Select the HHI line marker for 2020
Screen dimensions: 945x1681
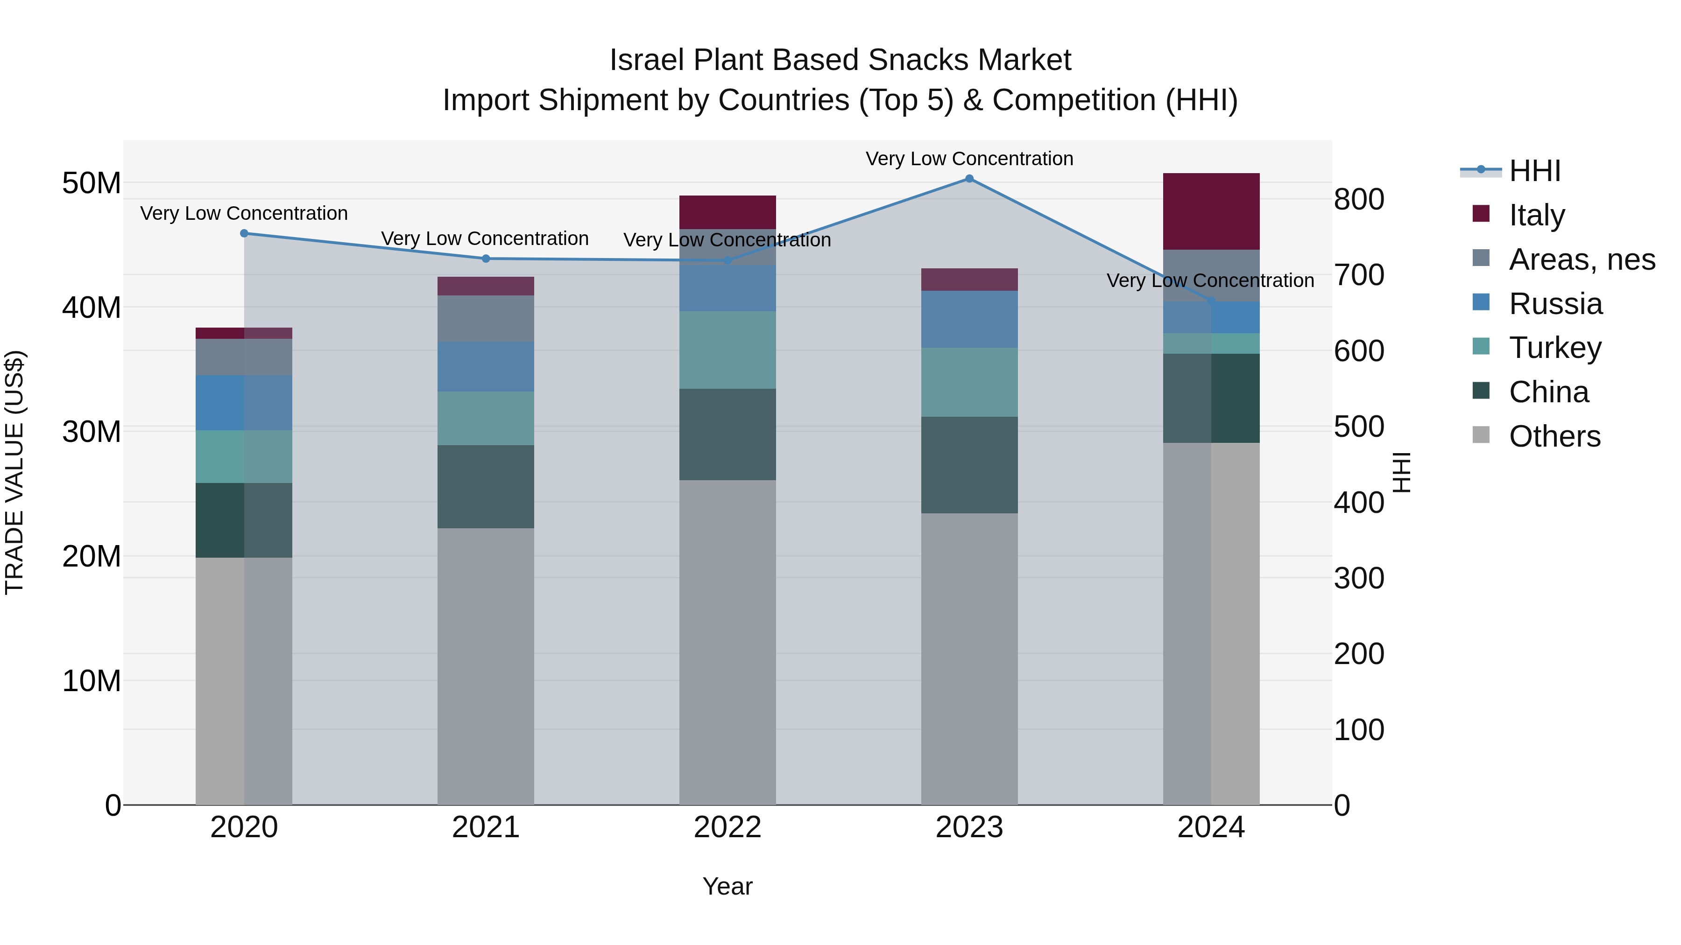[x=244, y=233]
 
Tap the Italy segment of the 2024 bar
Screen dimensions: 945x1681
[x=1211, y=211]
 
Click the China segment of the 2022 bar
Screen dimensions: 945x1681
[x=727, y=434]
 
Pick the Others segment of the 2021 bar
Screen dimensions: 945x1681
[x=486, y=665]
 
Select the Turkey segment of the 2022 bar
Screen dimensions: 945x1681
[x=727, y=350]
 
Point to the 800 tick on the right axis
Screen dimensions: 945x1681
[x=1359, y=200]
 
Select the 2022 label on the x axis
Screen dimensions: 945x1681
[x=727, y=827]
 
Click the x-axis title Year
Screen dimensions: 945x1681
[x=727, y=886]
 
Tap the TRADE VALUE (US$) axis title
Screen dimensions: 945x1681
[x=14, y=472]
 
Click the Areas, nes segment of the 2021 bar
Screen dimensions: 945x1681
[x=486, y=318]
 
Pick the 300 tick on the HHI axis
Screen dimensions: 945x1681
[x=1359, y=579]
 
